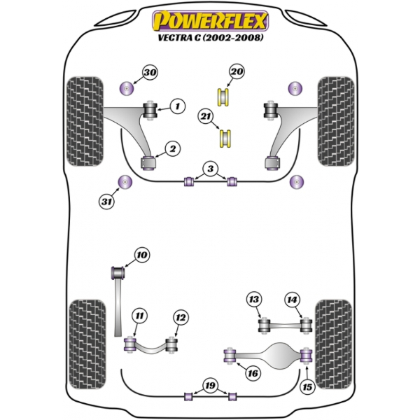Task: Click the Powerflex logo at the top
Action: click(x=210, y=20)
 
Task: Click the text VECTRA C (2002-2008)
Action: click(x=210, y=38)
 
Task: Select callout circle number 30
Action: click(x=150, y=72)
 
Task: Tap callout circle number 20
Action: click(x=237, y=71)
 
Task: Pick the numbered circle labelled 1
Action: click(x=178, y=106)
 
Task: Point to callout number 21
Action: click(x=206, y=116)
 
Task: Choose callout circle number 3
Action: click(x=211, y=169)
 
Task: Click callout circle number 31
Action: click(x=106, y=201)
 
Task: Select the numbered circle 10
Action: click(x=142, y=255)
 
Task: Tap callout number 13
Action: click(x=254, y=299)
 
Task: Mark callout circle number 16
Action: click(x=253, y=373)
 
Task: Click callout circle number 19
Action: click(x=210, y=386)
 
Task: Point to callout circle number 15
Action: click(x=307, y=386)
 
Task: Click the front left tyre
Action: click(x=85, y=121)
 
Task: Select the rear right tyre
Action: click(x=333, y=344)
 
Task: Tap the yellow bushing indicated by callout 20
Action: click(x=224, y=97)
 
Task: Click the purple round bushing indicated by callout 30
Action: click(x=126, y=87)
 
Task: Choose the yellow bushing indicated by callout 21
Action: click(x=225, y=138)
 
